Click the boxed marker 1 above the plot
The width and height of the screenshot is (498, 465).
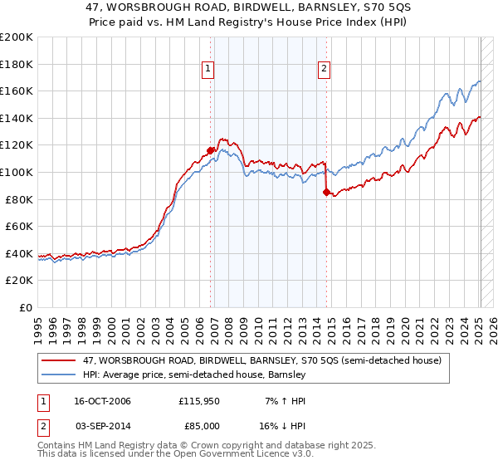point(207,70)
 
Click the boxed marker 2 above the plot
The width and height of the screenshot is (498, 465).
point(323,70)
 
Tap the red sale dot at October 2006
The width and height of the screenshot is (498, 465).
point(211,150)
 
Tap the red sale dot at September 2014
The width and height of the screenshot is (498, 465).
point(326,192)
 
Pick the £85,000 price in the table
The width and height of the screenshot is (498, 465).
point(199,425)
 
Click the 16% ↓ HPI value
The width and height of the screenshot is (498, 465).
point(281,425)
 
